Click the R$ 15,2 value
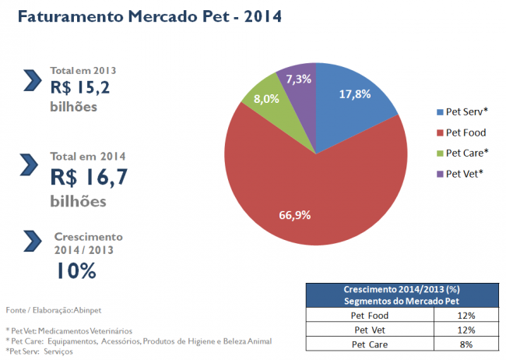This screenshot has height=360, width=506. coord(81,87)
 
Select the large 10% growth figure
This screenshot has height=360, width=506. coord(76,270)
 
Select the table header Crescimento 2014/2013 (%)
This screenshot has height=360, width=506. coord(400,290)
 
